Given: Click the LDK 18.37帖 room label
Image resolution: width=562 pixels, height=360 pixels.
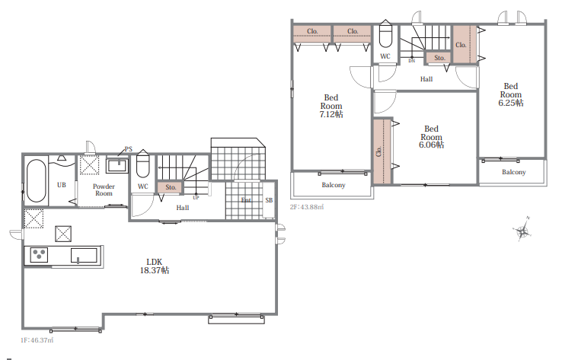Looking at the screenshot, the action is click(155, 266).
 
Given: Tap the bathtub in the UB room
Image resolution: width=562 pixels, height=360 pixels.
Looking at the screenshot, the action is click(37, 181).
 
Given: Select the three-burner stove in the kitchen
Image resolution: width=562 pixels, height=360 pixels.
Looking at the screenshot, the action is click(39, 255).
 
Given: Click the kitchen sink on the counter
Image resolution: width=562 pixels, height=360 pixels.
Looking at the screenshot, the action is click(84, 256).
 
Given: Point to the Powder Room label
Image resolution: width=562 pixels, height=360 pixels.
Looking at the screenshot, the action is click(104, 190).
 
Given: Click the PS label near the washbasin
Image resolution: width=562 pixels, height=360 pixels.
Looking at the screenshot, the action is click(128, 149).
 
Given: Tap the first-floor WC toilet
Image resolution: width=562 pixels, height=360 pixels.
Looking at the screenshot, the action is click(142, 164).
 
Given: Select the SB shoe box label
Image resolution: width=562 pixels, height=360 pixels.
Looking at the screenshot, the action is click(269, 200).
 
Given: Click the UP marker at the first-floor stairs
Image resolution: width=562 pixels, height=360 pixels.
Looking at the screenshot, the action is click(196, 197).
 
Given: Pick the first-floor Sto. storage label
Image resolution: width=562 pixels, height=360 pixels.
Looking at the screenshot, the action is click(171, 187).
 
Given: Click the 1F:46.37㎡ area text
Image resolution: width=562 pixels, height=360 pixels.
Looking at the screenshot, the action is click(37, 340).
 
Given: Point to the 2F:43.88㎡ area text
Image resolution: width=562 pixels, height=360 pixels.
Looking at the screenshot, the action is click(307, 207).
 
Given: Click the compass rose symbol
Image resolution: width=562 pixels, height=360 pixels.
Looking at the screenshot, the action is click(522, 230).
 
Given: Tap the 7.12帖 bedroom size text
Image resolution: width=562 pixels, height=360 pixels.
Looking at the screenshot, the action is click(331, 114).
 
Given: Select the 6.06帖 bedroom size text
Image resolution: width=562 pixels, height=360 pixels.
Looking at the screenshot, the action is click(431, 145).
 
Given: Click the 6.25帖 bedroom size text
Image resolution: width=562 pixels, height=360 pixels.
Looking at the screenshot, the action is click(511, 103).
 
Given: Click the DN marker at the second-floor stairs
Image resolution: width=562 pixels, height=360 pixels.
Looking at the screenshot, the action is click(411, 61).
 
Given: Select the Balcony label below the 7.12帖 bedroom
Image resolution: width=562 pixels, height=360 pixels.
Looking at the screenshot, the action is click(334, 185).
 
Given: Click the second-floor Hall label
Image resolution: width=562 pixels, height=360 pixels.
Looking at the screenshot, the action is click(426, 79).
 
